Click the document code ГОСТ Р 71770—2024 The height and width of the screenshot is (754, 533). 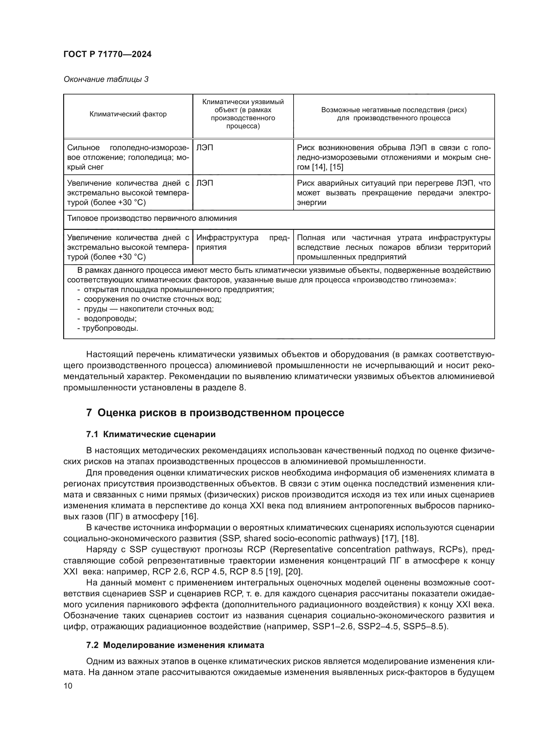(x=107, y=54)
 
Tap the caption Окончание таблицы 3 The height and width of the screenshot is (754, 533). (x=106, y=80)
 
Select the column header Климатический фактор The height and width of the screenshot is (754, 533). (x=128, y=114)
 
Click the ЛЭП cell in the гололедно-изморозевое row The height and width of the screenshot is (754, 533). (x=205, y=148)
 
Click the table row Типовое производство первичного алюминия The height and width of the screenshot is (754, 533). (x=152, y=219)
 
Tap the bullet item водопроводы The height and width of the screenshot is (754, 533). (x=110, y=318)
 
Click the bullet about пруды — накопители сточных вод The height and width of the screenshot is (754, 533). (x=148, y=309)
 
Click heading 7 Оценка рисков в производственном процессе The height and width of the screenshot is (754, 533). (x=215, y=413)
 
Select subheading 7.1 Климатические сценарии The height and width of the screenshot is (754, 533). (x=150, y=435)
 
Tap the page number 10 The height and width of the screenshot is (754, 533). (x=68, y=686)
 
